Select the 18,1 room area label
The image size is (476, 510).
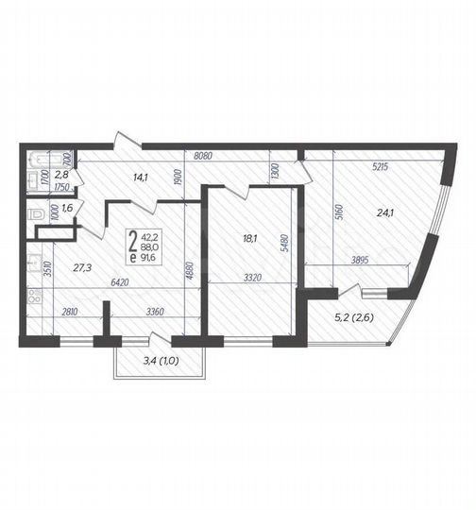[x=250, y=239]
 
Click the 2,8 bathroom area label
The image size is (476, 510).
[x=60, y=175]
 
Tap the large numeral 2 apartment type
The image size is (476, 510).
[x=131, y=242]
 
